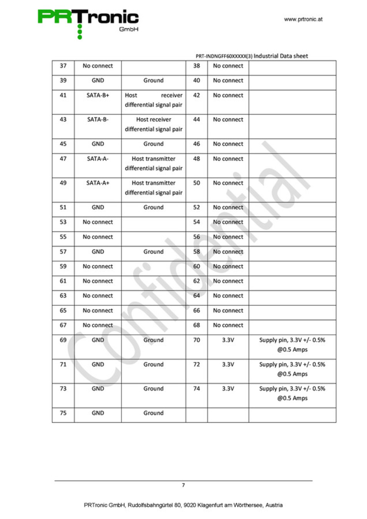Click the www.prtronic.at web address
[303, 19]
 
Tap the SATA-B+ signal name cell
[98, 95]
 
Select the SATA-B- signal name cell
[98, 120]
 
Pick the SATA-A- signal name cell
[98, 159]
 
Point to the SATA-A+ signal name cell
[98, 183]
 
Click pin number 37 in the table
[63, 66]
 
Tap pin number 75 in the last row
[63, 413]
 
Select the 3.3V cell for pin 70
[228, 340]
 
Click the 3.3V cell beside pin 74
[228, 389]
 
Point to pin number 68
[197, 325]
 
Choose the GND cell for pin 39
[98, 81]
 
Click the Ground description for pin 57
[153, 252]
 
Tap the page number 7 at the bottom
[183, 485]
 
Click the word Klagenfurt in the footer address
[210, 505]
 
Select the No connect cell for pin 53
[98, 222]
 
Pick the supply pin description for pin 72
[292, 369]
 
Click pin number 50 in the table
[197, 183]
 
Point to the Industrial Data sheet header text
[281, 56]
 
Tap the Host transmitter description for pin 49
[153, 188]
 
